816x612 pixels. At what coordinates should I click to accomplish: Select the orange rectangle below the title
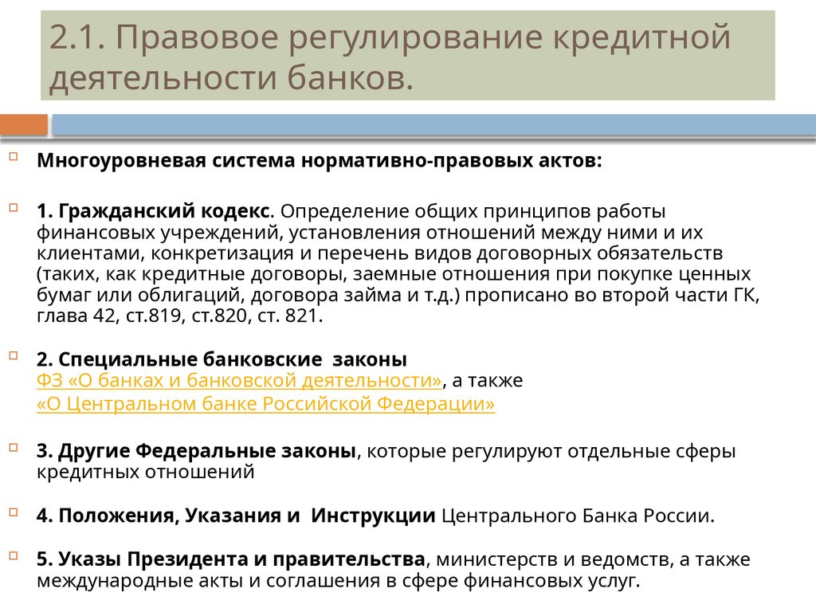[x=24, y=125]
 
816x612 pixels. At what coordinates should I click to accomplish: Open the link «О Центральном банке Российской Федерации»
[x=266, y=405]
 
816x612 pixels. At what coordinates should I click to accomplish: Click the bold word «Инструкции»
[x=373, y=515]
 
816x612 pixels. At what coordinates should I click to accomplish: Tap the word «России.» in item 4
[x=681, y=515]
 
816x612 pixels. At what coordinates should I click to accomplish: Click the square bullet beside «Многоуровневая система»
[x=14, y=157]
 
